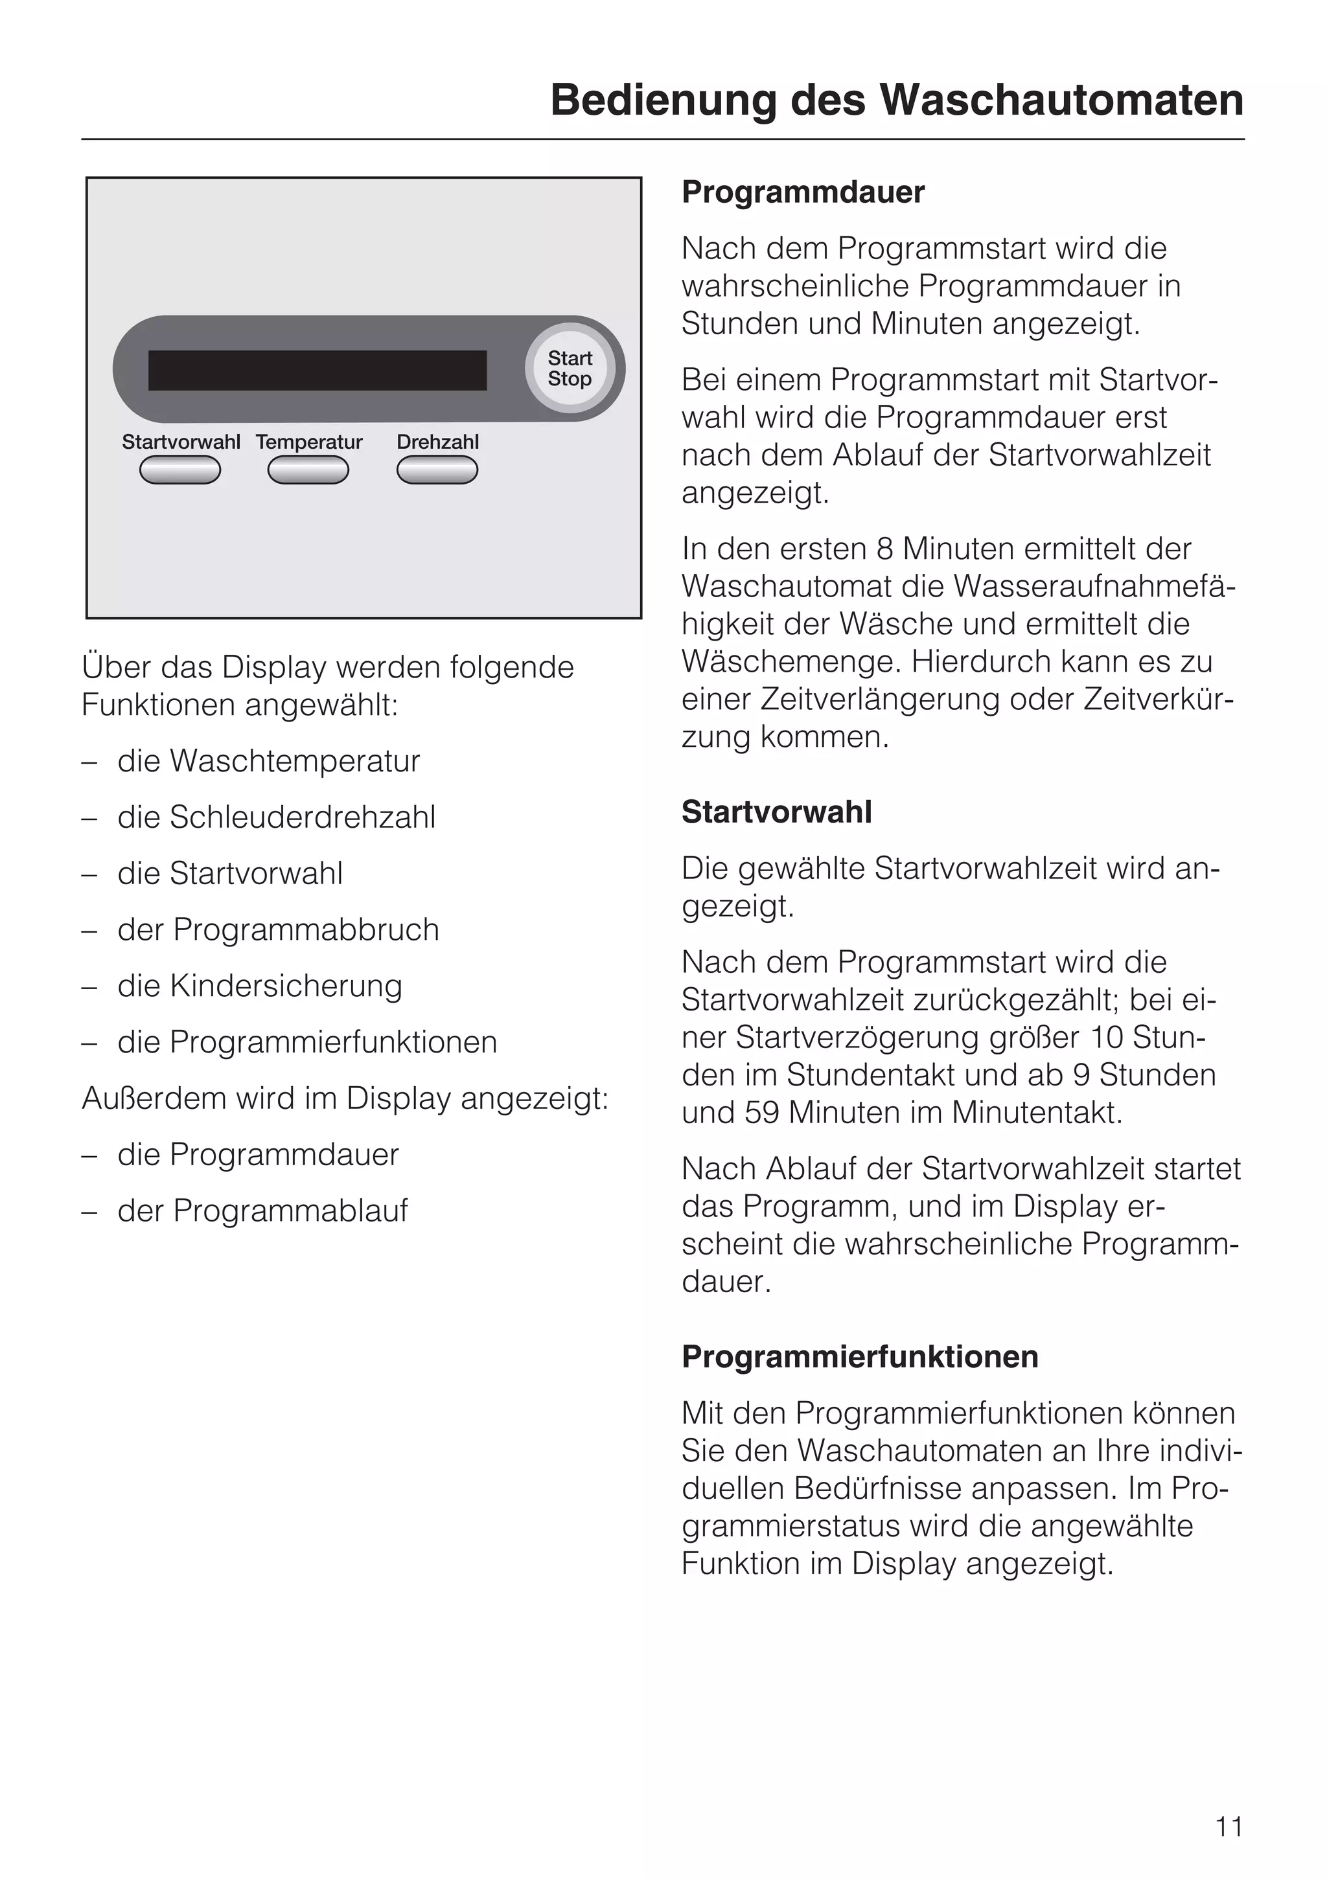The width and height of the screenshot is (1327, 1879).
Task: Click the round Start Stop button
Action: [x=570, y=369]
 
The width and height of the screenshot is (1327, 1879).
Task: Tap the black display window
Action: [x=317, y=370]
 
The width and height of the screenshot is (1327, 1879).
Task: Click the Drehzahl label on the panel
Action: [x=437, y=442]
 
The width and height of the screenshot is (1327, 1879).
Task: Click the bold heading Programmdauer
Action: [x=802, y=192]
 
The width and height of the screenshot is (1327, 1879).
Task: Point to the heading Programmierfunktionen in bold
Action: [x=860, y=1356]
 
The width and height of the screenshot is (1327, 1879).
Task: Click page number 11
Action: [x=1229, y=1827]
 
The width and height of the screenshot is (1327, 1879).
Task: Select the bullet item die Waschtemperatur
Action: [x=268, y=761]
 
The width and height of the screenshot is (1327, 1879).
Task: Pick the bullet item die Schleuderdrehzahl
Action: [x=276, y=817]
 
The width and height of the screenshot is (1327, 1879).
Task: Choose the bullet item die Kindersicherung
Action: [x=260, y=986]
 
